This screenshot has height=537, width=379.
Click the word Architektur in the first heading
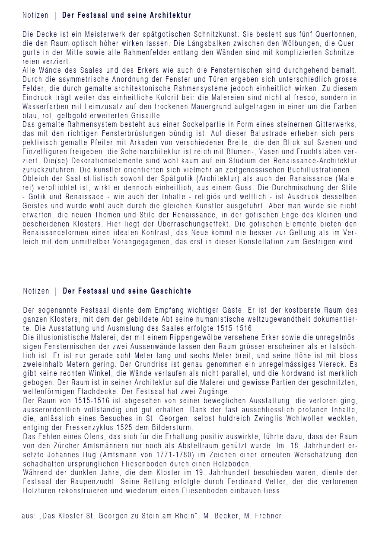(x=170, y=16)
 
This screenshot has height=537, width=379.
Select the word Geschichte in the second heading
(x=171, y=291)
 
